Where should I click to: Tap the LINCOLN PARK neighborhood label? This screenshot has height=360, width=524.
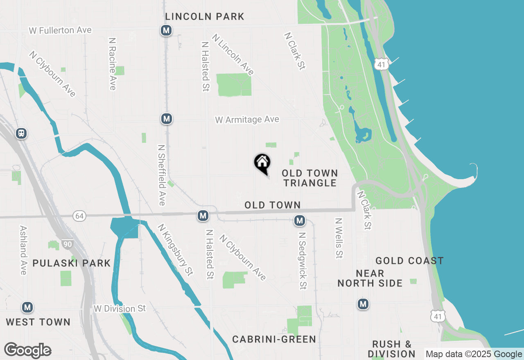coord(205,17)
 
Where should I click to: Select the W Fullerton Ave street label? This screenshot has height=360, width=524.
coord(60,31)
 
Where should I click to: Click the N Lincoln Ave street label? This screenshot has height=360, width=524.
coord(233,54)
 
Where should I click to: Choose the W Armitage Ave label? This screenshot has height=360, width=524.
coord(247,120)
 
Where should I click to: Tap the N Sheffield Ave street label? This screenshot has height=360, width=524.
coord(161,175)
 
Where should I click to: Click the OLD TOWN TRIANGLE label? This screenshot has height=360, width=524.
coord(310,178)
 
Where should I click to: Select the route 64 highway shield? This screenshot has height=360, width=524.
coord(79,216)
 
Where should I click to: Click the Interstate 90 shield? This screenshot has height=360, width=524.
coord(68,245)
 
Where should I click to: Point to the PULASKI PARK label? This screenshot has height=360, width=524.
coord(72,263)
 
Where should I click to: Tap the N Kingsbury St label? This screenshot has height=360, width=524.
coord(175,249)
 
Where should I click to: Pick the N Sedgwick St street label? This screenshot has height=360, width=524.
coord(303,261)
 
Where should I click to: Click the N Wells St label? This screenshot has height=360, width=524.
coord(339,238)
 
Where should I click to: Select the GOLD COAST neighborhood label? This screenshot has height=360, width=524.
coord(409,261)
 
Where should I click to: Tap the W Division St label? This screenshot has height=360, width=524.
coord(120,308)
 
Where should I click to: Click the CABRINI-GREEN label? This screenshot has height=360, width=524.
coord(274,339)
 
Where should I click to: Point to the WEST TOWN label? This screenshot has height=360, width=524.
coord(38,322)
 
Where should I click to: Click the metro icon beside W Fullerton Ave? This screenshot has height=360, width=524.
coord(166,30)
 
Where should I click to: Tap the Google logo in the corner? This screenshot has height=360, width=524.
coord(27,351)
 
